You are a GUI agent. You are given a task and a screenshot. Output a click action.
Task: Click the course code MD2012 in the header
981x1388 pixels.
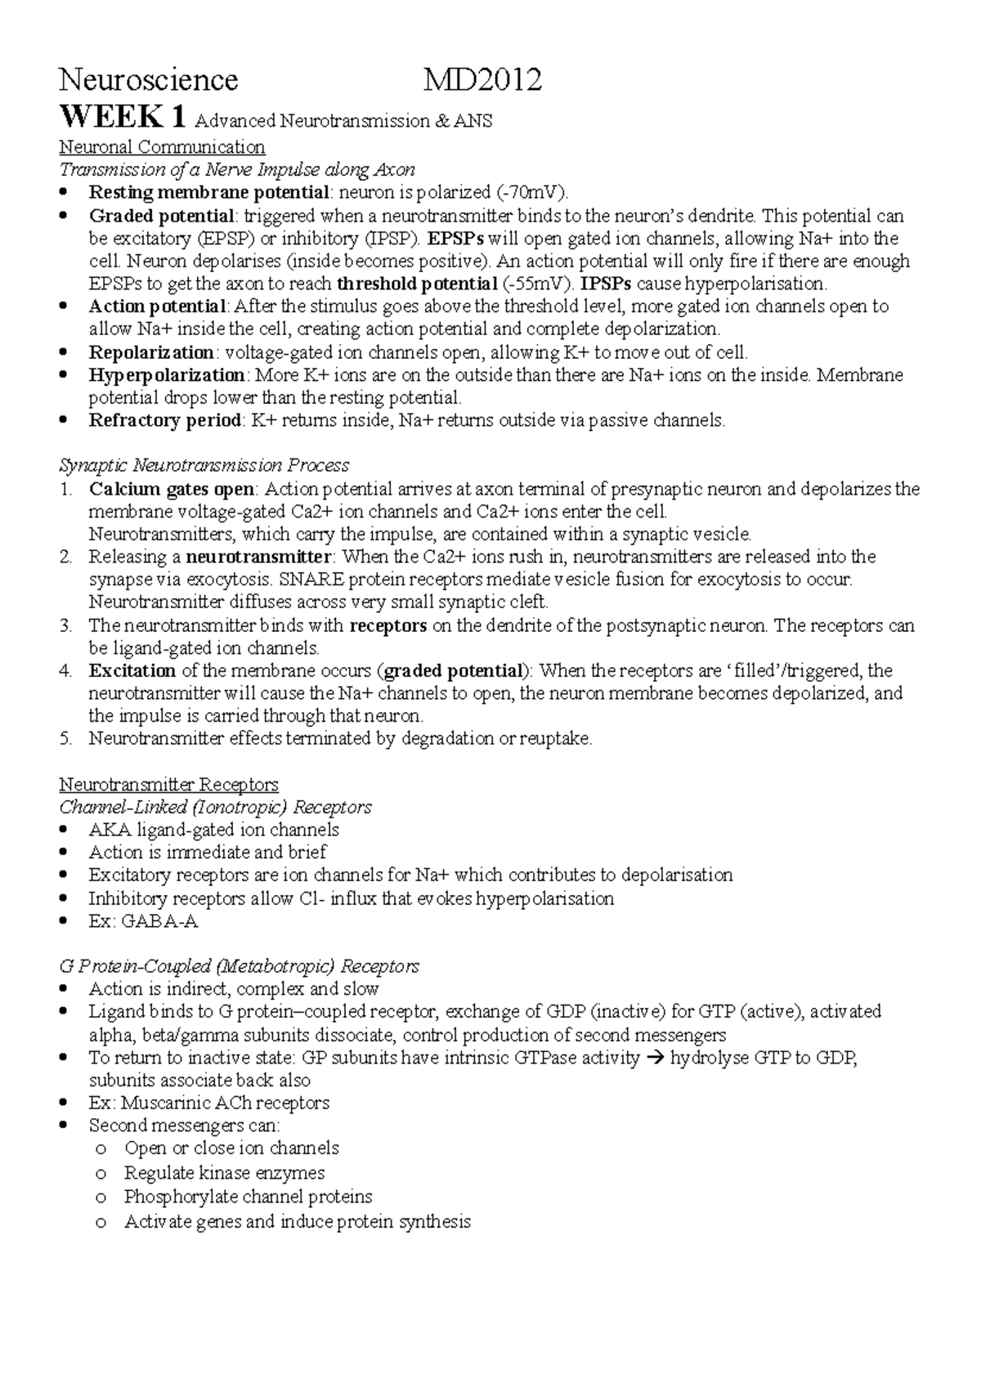(482, 80)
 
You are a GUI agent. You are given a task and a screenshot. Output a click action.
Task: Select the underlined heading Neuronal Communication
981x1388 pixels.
(162, 147)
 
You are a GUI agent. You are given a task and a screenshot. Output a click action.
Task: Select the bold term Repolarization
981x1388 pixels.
(151, 352)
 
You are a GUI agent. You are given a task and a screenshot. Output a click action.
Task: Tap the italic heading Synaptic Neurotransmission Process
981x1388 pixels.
(204, 465)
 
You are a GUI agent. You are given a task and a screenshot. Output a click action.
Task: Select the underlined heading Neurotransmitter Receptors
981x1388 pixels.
(168, 785)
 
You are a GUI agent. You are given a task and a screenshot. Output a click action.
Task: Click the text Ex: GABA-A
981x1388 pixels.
(143, 921)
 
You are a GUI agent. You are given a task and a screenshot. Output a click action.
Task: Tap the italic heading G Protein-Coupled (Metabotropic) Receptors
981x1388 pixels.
(239, 966)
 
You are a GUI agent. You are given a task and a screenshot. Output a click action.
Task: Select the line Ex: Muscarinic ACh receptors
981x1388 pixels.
(208, 1103)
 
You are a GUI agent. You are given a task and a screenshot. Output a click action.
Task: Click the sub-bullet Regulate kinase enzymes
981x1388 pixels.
(224, 1173)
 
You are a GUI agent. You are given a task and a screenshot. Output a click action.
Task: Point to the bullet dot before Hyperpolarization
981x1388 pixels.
(65, 376)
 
